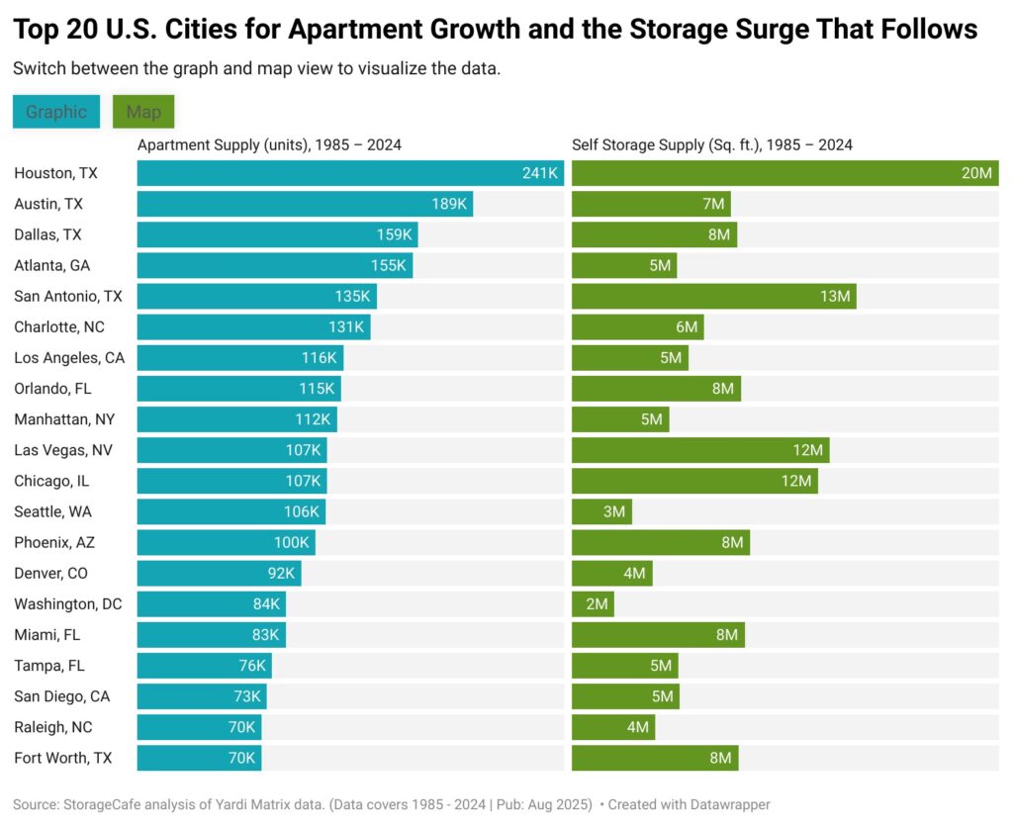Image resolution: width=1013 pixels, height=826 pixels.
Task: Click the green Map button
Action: (x=143, y=112)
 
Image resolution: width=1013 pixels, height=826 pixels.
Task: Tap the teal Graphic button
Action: (x=56, y=112)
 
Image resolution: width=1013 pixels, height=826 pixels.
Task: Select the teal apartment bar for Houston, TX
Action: (x=350, y=173)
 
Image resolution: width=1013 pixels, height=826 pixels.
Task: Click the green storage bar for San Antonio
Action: (x=713, y=296)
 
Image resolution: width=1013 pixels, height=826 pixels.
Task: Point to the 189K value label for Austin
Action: (x=448, y=204)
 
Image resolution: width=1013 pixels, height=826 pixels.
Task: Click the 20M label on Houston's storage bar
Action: (x=976, y=173)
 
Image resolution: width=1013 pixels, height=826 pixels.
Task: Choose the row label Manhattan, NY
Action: (x=64, y=419)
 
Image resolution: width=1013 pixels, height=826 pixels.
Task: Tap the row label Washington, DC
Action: (x=68, y=603)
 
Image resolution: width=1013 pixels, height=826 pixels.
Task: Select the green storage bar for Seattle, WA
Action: (x=601, y=511)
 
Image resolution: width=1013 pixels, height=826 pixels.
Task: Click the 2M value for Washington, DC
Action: (x=597, y=603)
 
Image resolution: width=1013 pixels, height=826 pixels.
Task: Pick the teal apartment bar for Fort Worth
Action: (x=199, y=758)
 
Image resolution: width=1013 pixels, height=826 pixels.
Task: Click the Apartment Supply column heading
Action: (x=269, y=144)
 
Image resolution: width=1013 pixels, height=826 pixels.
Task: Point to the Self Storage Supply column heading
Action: (x=712, y=144)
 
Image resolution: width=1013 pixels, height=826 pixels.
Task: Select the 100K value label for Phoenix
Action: (x=292, y=542)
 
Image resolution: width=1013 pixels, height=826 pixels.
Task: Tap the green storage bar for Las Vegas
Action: (x=700, y=450)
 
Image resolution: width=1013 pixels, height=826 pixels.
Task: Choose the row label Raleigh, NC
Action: (x=53, y=727)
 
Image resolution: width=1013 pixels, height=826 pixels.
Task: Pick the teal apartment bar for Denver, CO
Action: (x=219, y=573)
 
